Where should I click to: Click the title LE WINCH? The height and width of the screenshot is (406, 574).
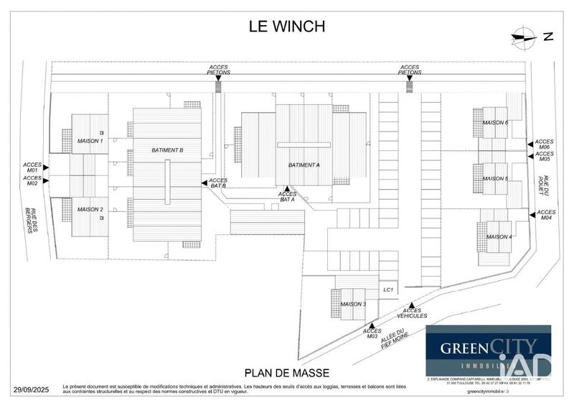coord(287,27)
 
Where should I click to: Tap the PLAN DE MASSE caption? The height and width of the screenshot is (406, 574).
coord(287,372)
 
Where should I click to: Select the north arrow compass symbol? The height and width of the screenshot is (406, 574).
coord(525,37)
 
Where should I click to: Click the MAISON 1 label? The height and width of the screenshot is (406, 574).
coord(90,141)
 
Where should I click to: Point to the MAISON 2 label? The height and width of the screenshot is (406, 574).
coord(90,209)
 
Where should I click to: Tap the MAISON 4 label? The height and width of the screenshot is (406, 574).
coord(499,236)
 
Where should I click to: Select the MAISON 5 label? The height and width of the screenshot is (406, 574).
coord(495,178)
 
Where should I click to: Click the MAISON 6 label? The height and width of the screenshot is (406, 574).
coord(495,123)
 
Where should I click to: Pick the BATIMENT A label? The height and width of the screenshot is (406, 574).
coord(304,165)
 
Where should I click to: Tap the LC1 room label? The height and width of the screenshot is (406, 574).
coord(388,290)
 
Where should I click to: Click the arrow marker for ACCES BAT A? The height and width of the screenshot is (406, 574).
coord(288,188)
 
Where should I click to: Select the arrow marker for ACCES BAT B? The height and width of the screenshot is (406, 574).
coord(204,183)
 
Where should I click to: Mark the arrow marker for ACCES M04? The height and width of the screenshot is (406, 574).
coord(530,213)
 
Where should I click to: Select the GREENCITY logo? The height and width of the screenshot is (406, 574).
coord(488,351)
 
